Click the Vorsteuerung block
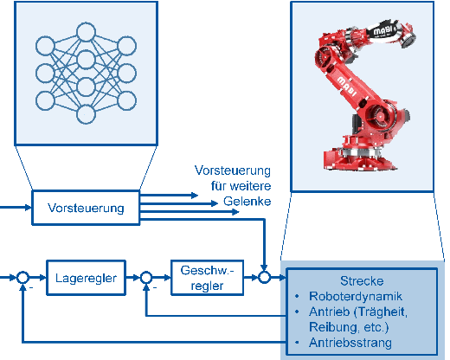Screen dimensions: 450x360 [86, 208]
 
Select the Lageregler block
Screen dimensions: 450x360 [86, 278]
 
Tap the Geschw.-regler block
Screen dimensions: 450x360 [207, 278]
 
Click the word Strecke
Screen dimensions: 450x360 [362, 281]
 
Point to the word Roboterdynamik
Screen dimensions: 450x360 [356, 296]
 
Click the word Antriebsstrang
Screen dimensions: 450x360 [350, 343]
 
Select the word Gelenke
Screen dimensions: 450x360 [247, 201]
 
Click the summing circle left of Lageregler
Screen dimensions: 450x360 [22, 278]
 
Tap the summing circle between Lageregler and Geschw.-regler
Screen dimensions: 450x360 [146, 278]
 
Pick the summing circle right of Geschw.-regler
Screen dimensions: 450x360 [264, 278]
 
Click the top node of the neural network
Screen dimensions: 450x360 [86, 32]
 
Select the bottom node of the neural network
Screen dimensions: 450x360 [86, 114]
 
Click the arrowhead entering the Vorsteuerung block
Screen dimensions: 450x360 [28, 208]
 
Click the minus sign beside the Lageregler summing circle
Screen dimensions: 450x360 [31, 287]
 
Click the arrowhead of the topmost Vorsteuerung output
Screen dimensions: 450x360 [195, 196]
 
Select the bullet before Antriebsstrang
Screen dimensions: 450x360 [297, 343]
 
